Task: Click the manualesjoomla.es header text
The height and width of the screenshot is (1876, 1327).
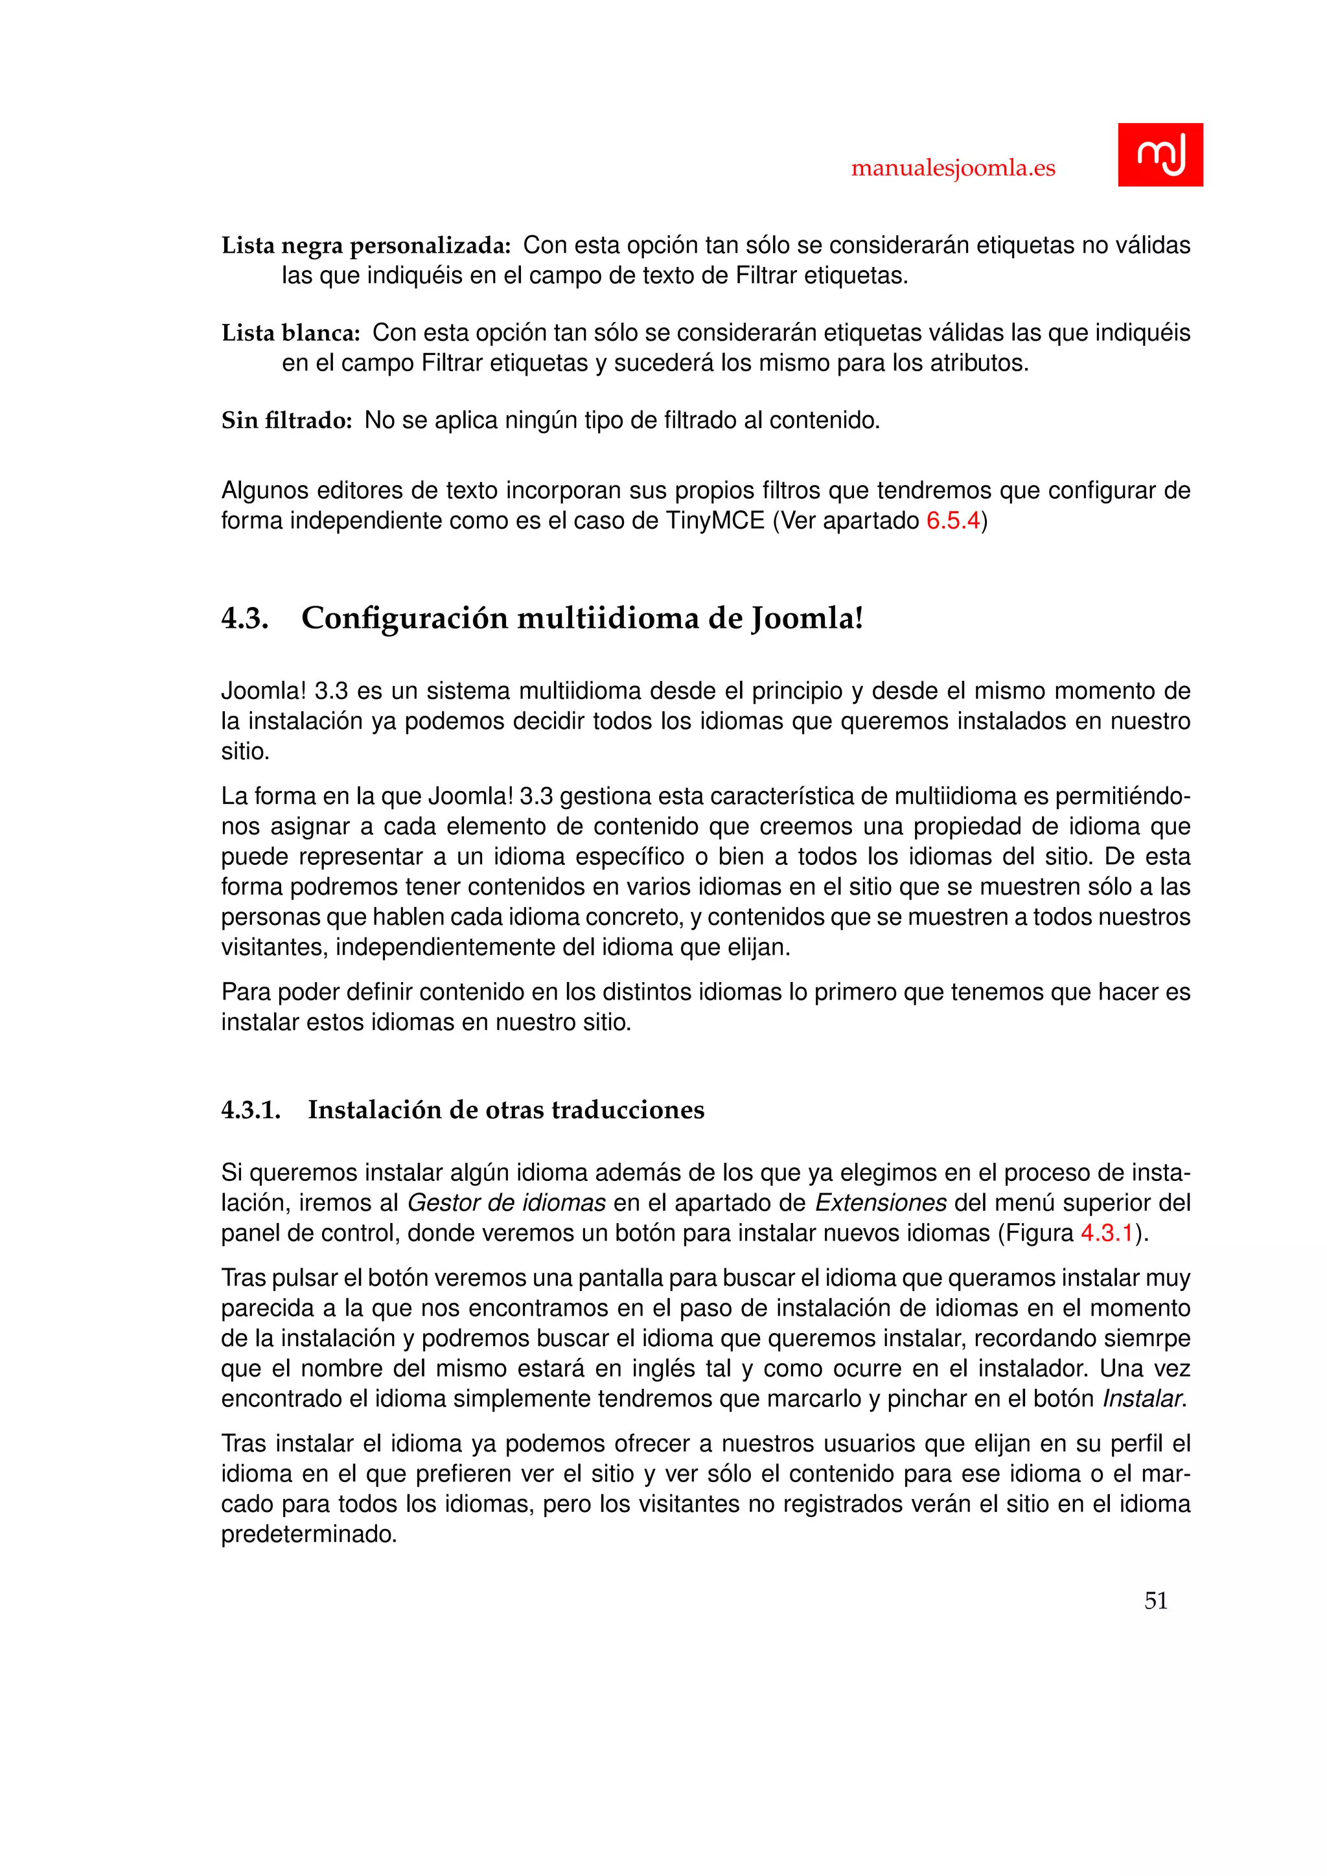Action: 952,168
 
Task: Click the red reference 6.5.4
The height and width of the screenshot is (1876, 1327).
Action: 952,520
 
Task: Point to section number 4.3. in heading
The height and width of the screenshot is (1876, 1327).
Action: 244,619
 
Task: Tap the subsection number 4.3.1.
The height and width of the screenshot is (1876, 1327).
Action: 250,1110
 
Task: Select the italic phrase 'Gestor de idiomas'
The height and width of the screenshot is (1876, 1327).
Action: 506,1203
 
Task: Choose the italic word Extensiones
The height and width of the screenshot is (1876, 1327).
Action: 880,1203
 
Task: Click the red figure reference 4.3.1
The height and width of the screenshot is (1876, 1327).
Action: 1107,1233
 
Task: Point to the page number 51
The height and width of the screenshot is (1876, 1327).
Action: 1155,1601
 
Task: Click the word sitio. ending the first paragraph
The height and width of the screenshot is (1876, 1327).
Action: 245,751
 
